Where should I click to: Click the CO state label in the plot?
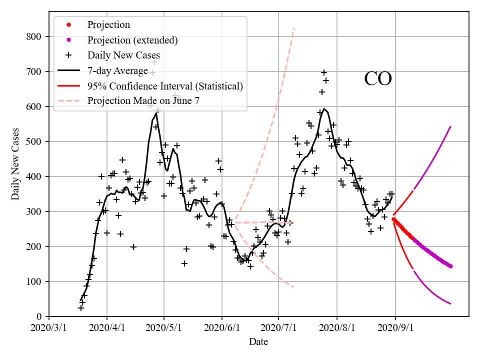click(x=377, y=79)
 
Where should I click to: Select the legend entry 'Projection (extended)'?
click(x=132, y=40)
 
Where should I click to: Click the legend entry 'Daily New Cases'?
click(x=123, y=55)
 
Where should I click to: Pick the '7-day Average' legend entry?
click(x=117, y=70)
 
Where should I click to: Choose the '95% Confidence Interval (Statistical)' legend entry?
click(x=165, y=86)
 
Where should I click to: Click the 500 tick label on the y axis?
click(x=37, y=141)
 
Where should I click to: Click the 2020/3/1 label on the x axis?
click(x=49, y=328)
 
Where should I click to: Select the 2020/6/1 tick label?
click(x=222, y=328)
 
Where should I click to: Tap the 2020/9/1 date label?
click(x=395, y=328)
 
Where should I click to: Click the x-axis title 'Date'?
click(x=258, y=342)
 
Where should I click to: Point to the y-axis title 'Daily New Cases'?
click(x=16, y=164)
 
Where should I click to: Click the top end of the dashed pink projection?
click(x=293, y=28)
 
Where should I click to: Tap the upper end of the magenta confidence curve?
click(x=450, y=126)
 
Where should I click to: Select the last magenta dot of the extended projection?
click(x=450, y=266)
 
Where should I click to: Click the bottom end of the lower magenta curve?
click(x=450, y=303)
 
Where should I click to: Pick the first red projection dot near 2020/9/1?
click(x=394, y=219)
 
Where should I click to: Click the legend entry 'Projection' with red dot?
click(x=108, y=25)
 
